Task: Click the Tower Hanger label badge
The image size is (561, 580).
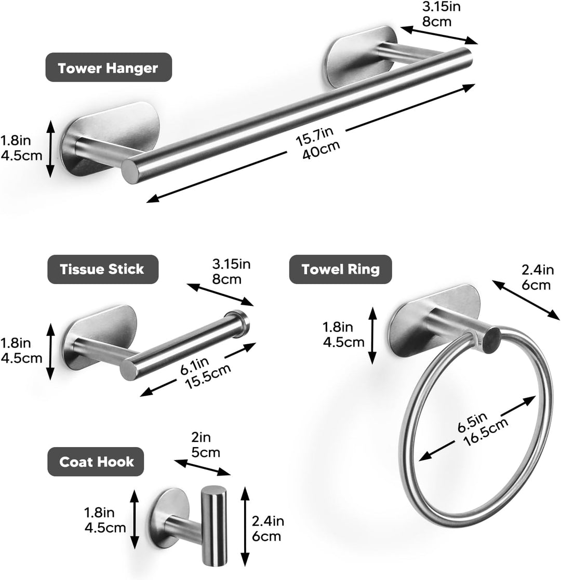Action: click(109, 68)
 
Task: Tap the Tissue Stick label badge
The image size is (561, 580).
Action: click(103, 269)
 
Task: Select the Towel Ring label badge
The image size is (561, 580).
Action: click(340, 269)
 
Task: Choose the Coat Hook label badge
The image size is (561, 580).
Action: click(96, 462)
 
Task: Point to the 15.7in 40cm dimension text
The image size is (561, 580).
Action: click(317, 143)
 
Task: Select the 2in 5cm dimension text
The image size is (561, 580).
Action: click(205, 444)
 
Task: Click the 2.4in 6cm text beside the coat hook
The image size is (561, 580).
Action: click(268, 529)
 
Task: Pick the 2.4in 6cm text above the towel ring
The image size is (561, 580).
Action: click(538, 277)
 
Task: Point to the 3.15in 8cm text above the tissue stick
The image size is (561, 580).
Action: click(231, 271)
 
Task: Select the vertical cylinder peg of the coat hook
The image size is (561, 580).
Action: click(214, 525)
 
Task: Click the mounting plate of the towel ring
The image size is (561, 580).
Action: click(435, 320)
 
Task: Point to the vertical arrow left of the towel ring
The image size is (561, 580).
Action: click(372, 335)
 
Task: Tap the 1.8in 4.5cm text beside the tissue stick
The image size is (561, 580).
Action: click(21, 350)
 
